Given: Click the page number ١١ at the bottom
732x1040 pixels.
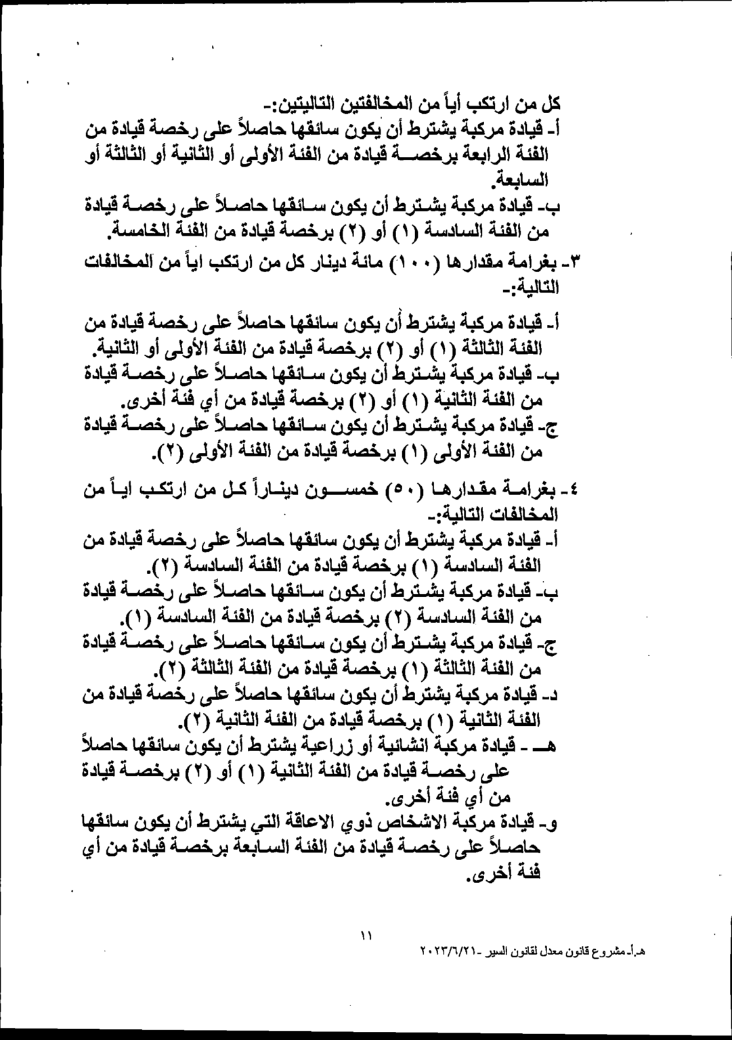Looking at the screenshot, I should click(x=366, y=936).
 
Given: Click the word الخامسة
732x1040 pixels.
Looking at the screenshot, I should click(x=141, y=233).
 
